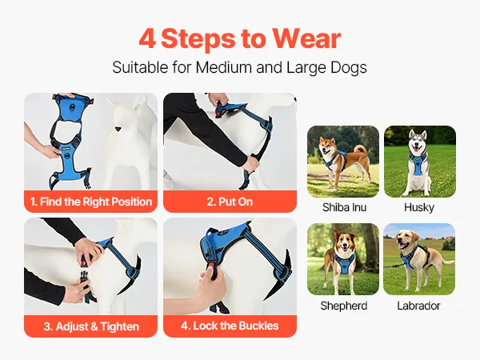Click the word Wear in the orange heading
(306, 38)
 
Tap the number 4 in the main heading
(147, 39)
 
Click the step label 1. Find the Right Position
(91, 202)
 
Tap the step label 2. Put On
(230, 202)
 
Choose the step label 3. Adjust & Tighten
(91, 326)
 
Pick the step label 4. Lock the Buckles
(230, 326)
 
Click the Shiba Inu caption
(344, 207)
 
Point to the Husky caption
(419, 207)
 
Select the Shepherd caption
(344, 306)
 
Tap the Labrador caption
(418, 306)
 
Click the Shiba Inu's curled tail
(360, 149)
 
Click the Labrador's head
(406, 239)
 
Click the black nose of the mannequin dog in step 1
(118, 130)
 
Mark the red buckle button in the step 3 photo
(83, 262)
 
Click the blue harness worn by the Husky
(418, 164)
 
